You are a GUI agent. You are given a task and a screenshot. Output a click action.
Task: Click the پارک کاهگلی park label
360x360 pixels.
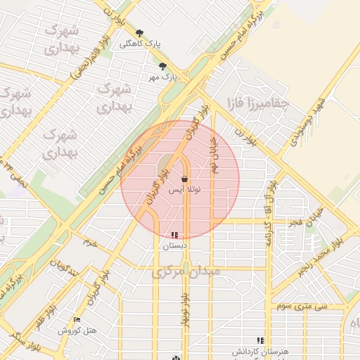tap(139, 44)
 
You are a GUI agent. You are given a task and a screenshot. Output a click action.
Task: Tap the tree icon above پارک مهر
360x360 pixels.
tap(163, 66)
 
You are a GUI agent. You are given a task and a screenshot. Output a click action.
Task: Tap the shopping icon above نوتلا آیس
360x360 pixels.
tap(185, 179)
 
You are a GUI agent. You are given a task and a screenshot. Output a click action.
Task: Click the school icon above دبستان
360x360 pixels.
tap(174, 235)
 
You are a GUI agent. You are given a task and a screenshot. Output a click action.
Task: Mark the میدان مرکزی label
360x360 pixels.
tap(187, 271)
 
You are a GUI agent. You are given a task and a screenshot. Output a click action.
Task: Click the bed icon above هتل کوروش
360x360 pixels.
tap(77, 320)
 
